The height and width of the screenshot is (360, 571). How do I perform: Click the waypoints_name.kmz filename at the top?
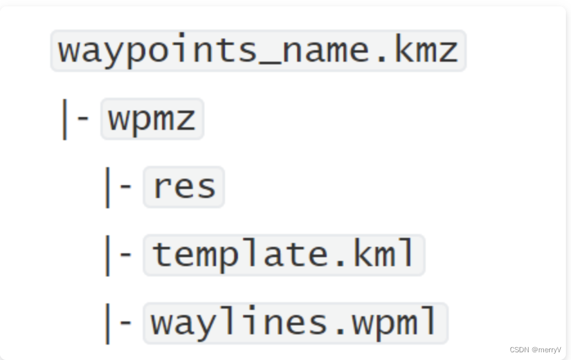(x=258, y=50)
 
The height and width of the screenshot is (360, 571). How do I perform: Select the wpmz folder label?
(x=152, y=118)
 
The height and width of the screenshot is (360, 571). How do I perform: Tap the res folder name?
(x=184, y=186)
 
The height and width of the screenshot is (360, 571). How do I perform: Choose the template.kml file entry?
(x=284, y=255)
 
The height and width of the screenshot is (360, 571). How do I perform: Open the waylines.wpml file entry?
(x=295, y=323)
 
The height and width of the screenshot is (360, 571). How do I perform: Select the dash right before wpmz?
(x=83, y=120)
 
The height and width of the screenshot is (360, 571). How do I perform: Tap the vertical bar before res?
(x=107, y=187)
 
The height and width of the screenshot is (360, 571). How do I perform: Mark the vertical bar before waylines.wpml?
(x=107, y=323)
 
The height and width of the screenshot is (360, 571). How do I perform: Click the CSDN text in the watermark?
(x=519, y=350)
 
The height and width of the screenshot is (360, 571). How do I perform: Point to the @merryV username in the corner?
(x=546, y=350)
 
